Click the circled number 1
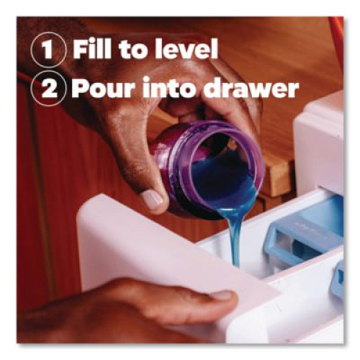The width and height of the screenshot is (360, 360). click(48, 50)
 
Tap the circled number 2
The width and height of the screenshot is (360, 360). click(48, 89)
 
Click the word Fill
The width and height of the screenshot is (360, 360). click(92, 50)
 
